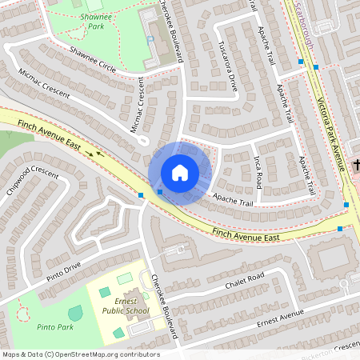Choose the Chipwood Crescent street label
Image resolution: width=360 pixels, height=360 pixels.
pyautogui.click(x=33, y=182)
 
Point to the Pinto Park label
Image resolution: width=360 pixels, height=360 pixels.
pyautogui.click(x=55, y=327)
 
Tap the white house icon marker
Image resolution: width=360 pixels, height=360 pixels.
pyautogui.click(x=180, y=173)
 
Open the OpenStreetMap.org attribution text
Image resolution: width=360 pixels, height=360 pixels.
pyautogui.click(x=81, y=354)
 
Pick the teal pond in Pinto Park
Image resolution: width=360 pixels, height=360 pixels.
pyautogui.click(x=75, y=313)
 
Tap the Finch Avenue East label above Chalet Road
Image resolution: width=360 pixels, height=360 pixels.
pyautogui.click(x=246, y=235)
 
